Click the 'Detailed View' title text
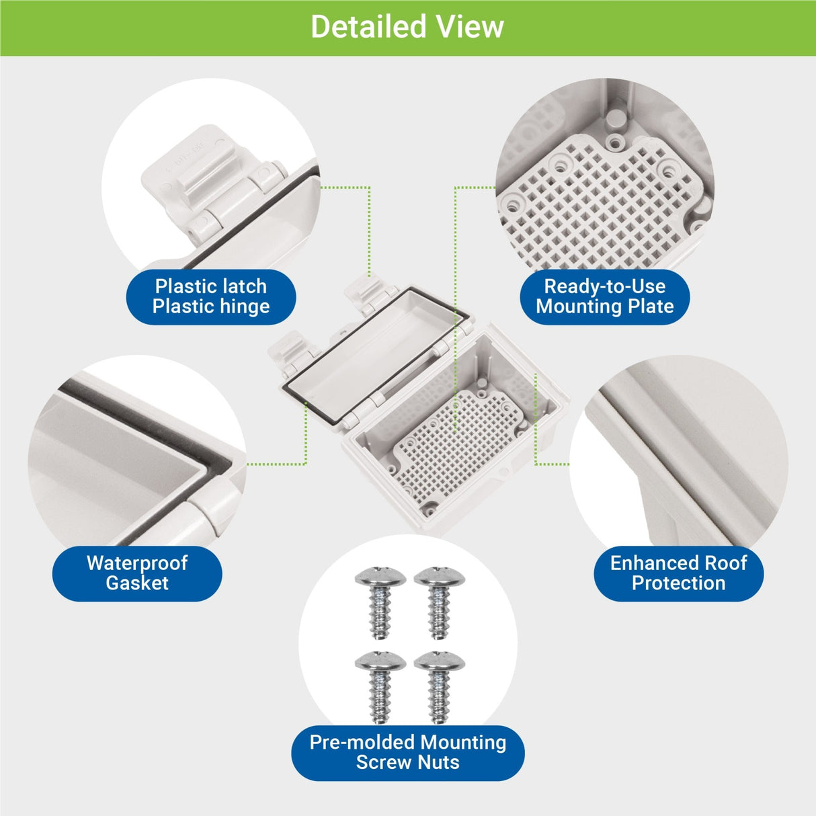pyautogui.click(x=407, y=27)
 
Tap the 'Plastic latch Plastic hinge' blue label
pyautogui.click(x=211, y=296)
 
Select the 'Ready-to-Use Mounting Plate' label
pyautogui.click(x=605, y=296)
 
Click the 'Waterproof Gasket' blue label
pyautogui.click(x=137, y=573)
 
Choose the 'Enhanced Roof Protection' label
pyautogui.click(x=678, y=573)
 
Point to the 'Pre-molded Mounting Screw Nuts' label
pyautogui.click(x=408, y=752)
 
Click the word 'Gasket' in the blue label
pyautogui.click(x=137, y=583)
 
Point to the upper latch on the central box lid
pyautogui.click(x=364, y=294)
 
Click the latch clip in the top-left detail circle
pyautogui.click(x=195, y=181)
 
